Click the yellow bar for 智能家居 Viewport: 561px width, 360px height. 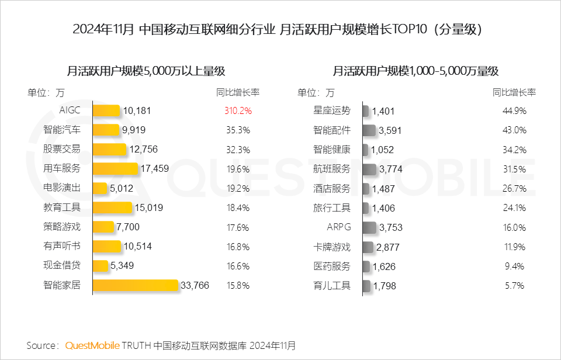[x=135, y=285]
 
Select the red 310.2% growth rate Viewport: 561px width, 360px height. [x=238, y=110]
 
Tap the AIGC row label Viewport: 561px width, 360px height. [x=70, y=110]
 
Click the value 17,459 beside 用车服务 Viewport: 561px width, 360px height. [x=155, y=169]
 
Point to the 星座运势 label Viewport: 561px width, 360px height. [x=332, y=110]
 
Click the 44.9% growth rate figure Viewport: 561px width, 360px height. [x=514, y=110]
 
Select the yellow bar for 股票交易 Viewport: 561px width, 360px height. [x=109, y=149]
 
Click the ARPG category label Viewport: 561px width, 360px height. [x=339, y=227]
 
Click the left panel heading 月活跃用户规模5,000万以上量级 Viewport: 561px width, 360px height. [x=146, y=71]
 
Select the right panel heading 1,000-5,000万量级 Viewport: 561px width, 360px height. [x=415, y=71]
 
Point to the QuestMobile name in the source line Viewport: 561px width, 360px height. [x=92, y=345]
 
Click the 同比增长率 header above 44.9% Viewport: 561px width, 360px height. [x=514, y=92]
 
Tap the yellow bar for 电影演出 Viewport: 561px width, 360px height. [x=101, y=188]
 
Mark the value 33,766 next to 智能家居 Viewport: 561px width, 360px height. [x=195, y=286]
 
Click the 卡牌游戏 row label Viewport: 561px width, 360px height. [x=332, y=247]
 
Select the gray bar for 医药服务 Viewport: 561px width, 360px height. [x=366, y=266]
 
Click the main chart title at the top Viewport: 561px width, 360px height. [x=280, y=29]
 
